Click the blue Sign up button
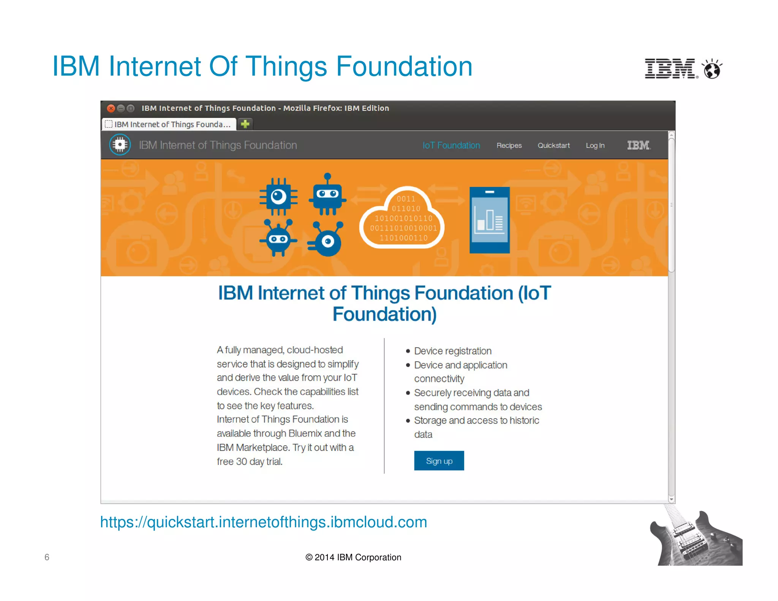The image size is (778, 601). [x=439, y=460]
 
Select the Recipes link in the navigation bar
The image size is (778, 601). [x=509, y=146]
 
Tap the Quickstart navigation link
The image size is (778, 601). [x=553, y=146]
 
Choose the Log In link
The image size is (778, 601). [x=595, y=146]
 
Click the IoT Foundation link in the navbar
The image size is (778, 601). [x=451, y=146]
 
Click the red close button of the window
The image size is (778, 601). [x=111, y=108]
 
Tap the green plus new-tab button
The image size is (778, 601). [x=245, y=124]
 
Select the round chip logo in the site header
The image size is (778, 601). [x=120, y=145]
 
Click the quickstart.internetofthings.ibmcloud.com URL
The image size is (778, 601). [x=263, y=522]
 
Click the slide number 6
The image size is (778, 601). [x=47, y=557]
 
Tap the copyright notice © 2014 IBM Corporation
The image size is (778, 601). [x=353, y=557]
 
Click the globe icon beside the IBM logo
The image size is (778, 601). [x=712, y=70]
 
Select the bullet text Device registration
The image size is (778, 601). [x=452, y=351]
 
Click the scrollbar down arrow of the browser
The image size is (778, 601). [x=671, y=499]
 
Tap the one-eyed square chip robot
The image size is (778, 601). [x=278, y=196]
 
